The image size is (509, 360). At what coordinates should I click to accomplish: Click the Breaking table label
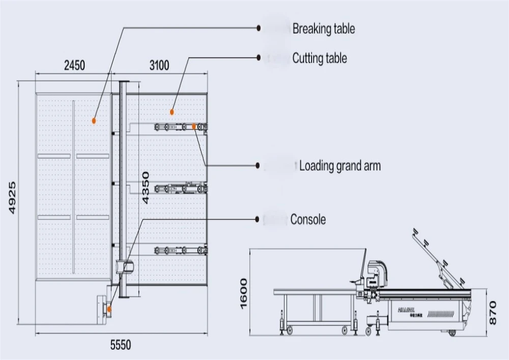point(323,29)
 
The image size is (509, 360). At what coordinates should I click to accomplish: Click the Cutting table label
point(319,58)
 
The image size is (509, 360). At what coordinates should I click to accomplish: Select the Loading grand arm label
point(340,165)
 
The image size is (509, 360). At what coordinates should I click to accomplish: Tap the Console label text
point(308,219)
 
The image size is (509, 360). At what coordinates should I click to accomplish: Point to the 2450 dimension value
point(74,65)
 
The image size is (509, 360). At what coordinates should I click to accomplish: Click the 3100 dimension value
point(159,65)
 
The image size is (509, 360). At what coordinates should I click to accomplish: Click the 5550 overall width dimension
point(121,345)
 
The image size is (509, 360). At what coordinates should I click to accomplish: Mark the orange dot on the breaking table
point(94,120)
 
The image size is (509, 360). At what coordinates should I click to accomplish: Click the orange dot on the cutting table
point(172,112)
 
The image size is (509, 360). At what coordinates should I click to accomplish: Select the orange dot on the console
point(108,309)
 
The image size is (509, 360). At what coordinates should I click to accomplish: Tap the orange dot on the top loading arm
point(194,126)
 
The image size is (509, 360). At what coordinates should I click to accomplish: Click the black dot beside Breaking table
point(259,29)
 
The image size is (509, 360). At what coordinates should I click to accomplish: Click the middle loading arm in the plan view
point(181,188)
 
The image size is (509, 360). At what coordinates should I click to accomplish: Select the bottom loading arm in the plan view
point(181,250)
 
